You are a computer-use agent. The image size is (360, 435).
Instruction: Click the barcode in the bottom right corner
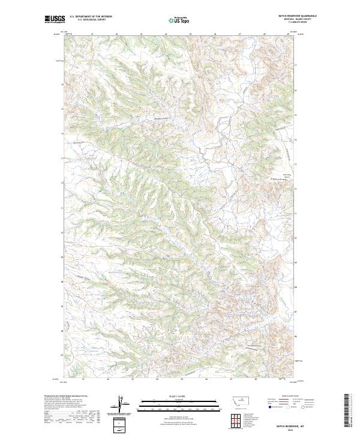click(x=347, y=413)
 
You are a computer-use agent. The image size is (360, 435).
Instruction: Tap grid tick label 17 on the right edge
click(x=295, y=65)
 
